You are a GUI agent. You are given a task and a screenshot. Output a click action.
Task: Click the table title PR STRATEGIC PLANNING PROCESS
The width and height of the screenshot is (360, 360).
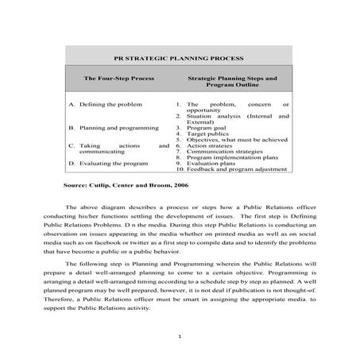coord(178,58)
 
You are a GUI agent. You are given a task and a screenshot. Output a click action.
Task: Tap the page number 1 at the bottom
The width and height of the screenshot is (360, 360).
coord(180,336)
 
